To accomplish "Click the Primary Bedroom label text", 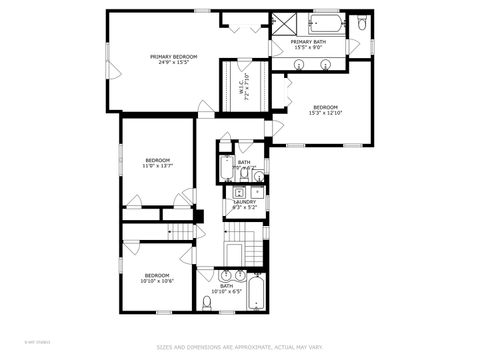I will (x=174, y=57).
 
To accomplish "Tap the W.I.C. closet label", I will (x=242, y=85).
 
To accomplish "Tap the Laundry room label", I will (x=245, y=201).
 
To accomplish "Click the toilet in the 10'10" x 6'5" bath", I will (x=207, y=302).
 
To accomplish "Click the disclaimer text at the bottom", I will (x=240, y=348).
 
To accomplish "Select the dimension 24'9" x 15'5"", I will (x=174, y=62).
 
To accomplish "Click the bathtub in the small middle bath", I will (x=227, y=167).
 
